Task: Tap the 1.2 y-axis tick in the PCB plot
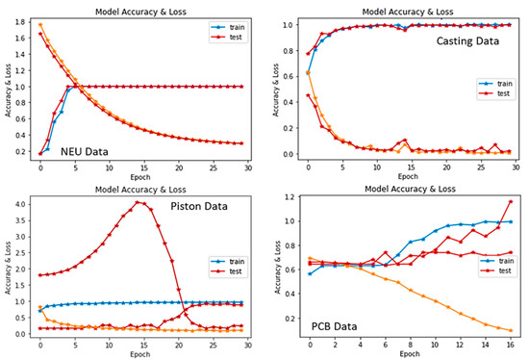[285, 197]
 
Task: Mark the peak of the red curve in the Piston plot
[140, 202]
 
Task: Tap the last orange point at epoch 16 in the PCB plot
[510, 330]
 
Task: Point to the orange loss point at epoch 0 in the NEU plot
[40, 24]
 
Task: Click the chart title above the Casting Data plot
[395, 8]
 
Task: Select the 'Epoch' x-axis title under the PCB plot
[395, 352]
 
